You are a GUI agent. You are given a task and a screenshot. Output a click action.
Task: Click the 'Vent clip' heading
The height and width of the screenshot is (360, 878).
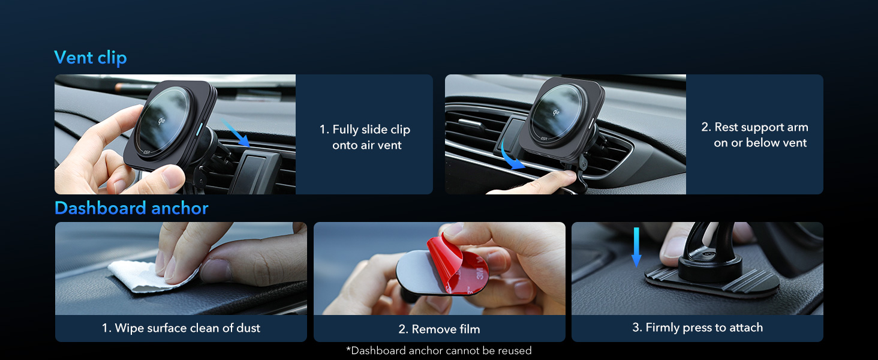(x=91, y=58)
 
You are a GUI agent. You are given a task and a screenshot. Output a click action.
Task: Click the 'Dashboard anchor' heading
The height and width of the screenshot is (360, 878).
(x=131, y=208)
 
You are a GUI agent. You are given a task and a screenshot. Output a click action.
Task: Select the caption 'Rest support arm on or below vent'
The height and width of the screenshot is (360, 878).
(x=755, y=135)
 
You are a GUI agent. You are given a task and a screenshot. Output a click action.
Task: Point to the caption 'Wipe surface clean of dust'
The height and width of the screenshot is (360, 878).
(x=181, y=328)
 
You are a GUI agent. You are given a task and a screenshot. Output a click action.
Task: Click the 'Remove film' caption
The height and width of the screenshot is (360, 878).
(x=439, y=329)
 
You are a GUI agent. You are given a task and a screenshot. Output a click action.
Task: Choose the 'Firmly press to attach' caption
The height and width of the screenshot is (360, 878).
(x=697, y=328)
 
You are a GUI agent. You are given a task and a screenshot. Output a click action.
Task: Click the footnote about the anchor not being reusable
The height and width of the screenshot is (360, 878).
(x=439, y=350)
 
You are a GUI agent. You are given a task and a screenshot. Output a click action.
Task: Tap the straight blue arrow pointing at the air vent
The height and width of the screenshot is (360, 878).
(x=236, y=133)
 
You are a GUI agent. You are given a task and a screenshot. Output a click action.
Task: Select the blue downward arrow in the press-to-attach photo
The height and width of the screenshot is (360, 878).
(x=636, y=247)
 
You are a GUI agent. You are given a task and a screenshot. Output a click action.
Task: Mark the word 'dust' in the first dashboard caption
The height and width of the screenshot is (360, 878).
(x=248, y=328)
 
